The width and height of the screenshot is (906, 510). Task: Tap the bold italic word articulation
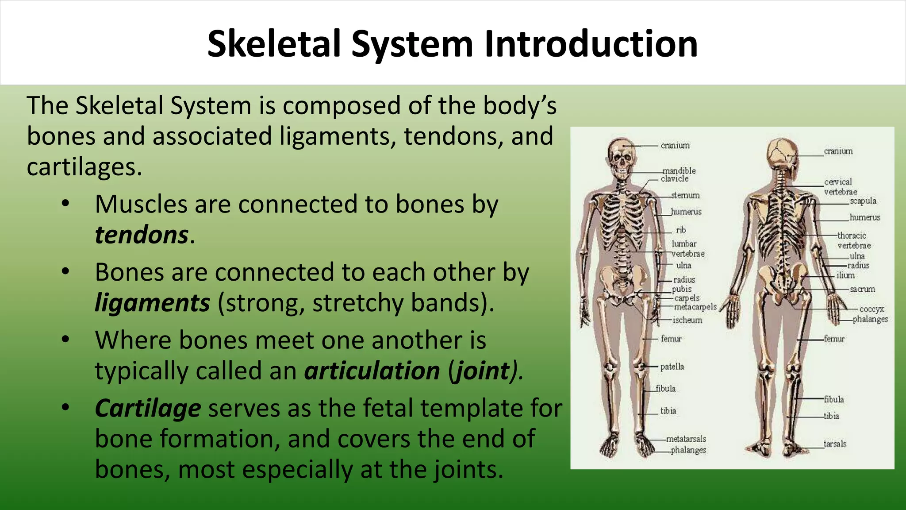pos(372,371)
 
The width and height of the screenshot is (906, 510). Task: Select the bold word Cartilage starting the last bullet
pos(148,408)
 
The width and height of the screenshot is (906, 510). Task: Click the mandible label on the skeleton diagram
pos(679,171)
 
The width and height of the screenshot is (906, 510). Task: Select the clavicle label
pos(675,179)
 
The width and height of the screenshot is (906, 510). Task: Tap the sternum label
pos(685,195)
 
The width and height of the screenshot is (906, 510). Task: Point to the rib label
pos(681,230)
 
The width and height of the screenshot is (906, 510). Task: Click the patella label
pos(672,367)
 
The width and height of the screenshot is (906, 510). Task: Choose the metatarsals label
pos(686,439)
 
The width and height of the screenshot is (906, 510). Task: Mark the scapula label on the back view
pos(863,201)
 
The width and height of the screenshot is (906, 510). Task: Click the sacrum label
pos(862,289)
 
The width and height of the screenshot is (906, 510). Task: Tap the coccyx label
pos(871,309)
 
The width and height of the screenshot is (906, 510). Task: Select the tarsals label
pos(835,444)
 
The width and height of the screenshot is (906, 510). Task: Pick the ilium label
pos(845,275)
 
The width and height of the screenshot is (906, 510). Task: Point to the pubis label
pos(681,289)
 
